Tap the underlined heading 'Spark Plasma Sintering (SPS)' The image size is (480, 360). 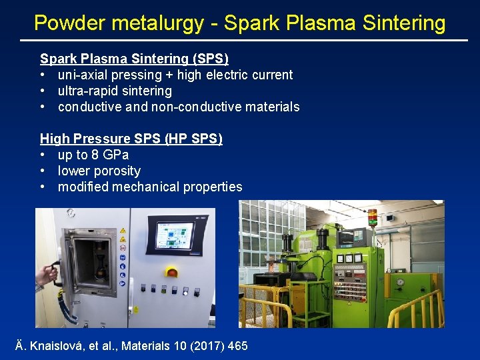click(134, 59)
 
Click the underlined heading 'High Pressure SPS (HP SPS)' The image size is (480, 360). click(131, 139)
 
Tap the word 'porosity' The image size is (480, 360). click(117, 171)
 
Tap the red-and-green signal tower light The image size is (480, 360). click(372, 218)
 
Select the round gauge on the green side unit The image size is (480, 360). click(399, 282)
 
